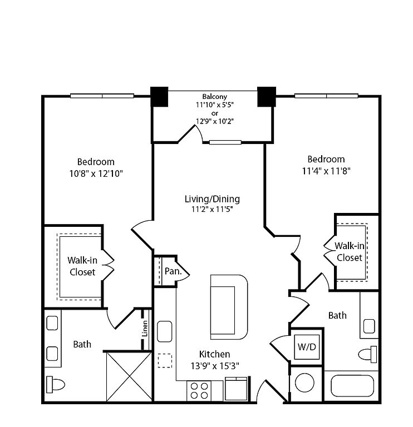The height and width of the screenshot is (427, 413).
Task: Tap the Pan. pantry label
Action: coord(171,271)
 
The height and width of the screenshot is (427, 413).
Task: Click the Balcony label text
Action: coord(214,96)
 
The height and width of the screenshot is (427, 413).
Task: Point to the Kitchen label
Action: coord(214,354)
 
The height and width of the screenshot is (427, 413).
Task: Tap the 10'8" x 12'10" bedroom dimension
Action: coord(96,173)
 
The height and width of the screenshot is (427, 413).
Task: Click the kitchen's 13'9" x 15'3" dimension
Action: coord(214,366)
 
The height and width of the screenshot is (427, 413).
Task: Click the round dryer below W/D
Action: coord(305,384)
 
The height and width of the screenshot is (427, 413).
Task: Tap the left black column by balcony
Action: coord(160,97)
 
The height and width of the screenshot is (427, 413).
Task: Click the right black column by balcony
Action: coord(266,97)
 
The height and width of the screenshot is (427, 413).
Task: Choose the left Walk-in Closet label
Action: coord(82,266)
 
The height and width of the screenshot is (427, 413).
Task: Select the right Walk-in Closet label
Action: coord(349,252)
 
